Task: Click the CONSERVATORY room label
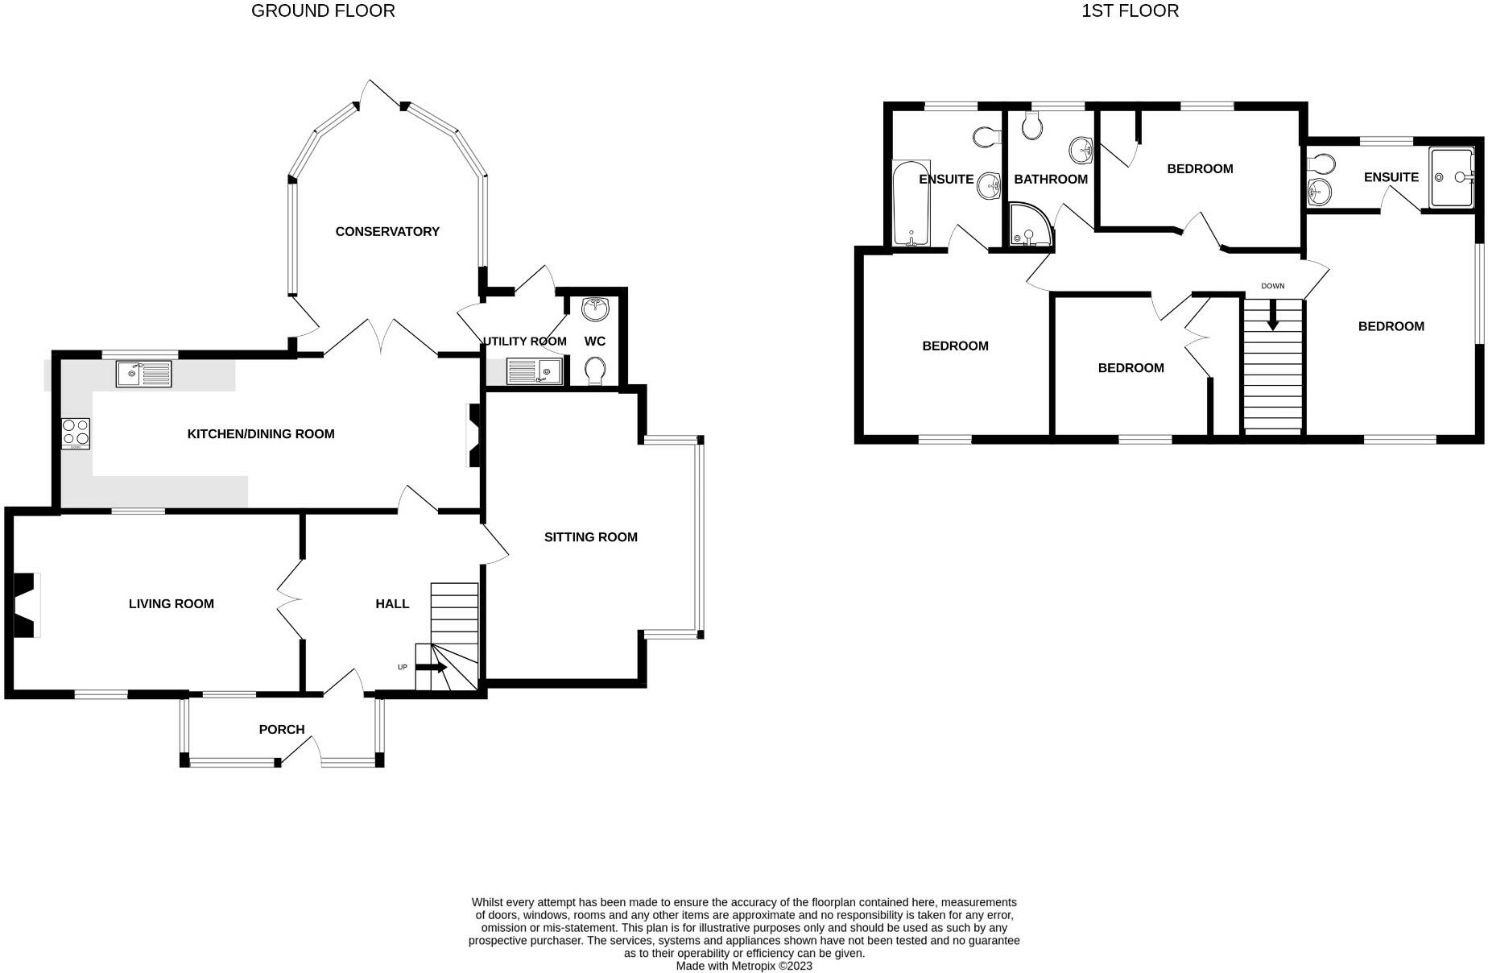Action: pos(387,232)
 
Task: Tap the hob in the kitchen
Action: pos(76,433)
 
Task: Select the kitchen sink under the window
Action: pos(143,374)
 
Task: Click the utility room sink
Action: pos(534,372)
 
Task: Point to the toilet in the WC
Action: pos(595,371)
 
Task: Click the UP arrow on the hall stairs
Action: pos(432,668)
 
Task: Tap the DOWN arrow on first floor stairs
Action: pos(1273,315)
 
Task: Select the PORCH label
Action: pos(282,730)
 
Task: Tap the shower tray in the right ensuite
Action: pos(1451,177)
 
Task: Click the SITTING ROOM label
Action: pos(590,537)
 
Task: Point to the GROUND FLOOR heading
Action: pos(323,11)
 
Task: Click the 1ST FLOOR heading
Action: pos(1130,11)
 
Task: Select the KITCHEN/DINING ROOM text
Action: pos(261,434)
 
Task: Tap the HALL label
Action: pos(392,604)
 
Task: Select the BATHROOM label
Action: pos(1051,180)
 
